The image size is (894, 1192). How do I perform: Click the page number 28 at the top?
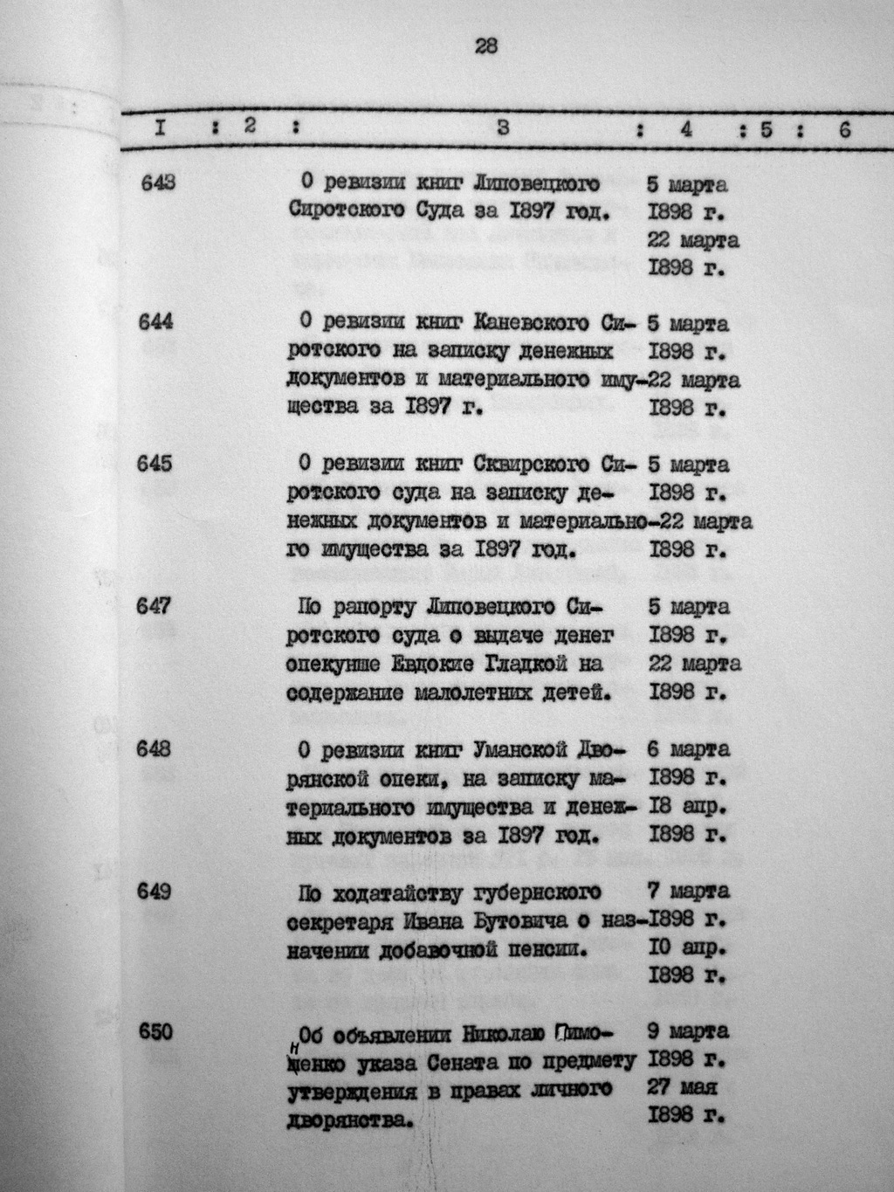point(485,47)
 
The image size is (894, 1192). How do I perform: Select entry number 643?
point(157,183)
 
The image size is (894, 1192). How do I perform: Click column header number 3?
point(503,128)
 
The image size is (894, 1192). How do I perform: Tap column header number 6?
point(843,129)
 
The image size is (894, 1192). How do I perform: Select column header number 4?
point(686,129)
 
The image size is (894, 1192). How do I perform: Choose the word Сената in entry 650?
point(459,1062)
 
